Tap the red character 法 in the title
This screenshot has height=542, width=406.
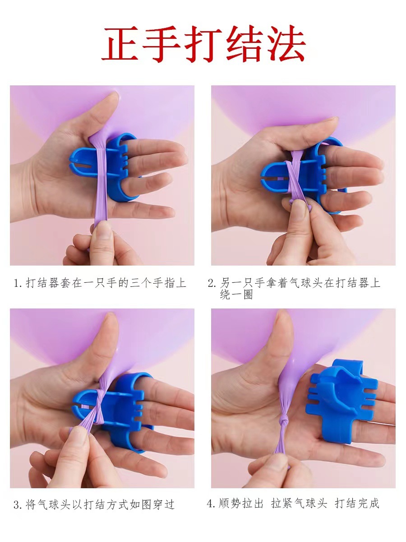(x=286, y=43)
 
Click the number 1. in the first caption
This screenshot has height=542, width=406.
(x=18, y=283)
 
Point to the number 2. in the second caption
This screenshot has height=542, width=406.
(x=212, y=283)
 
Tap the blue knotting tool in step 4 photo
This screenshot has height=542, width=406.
(x=341, y=403)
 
